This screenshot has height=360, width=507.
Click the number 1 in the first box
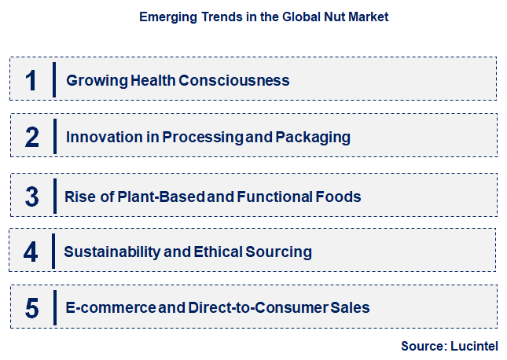pyautogui.click(x=31, y=80)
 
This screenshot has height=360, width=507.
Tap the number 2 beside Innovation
pyautogui.click(x=31, y=138)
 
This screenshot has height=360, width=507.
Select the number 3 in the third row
pyautogui.click(x=31, y=196)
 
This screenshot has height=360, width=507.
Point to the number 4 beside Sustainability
pyautogui.click(x=31, y=252)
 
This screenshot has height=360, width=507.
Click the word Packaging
pyautogui.click(x=313, y=138)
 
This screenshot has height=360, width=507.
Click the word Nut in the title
pyautogui.click(x=324, y=16)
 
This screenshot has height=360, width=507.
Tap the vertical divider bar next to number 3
pyautogui.click(x=54, y=195)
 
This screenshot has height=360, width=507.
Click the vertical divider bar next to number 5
pyautogui.click(x=54, y=308)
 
